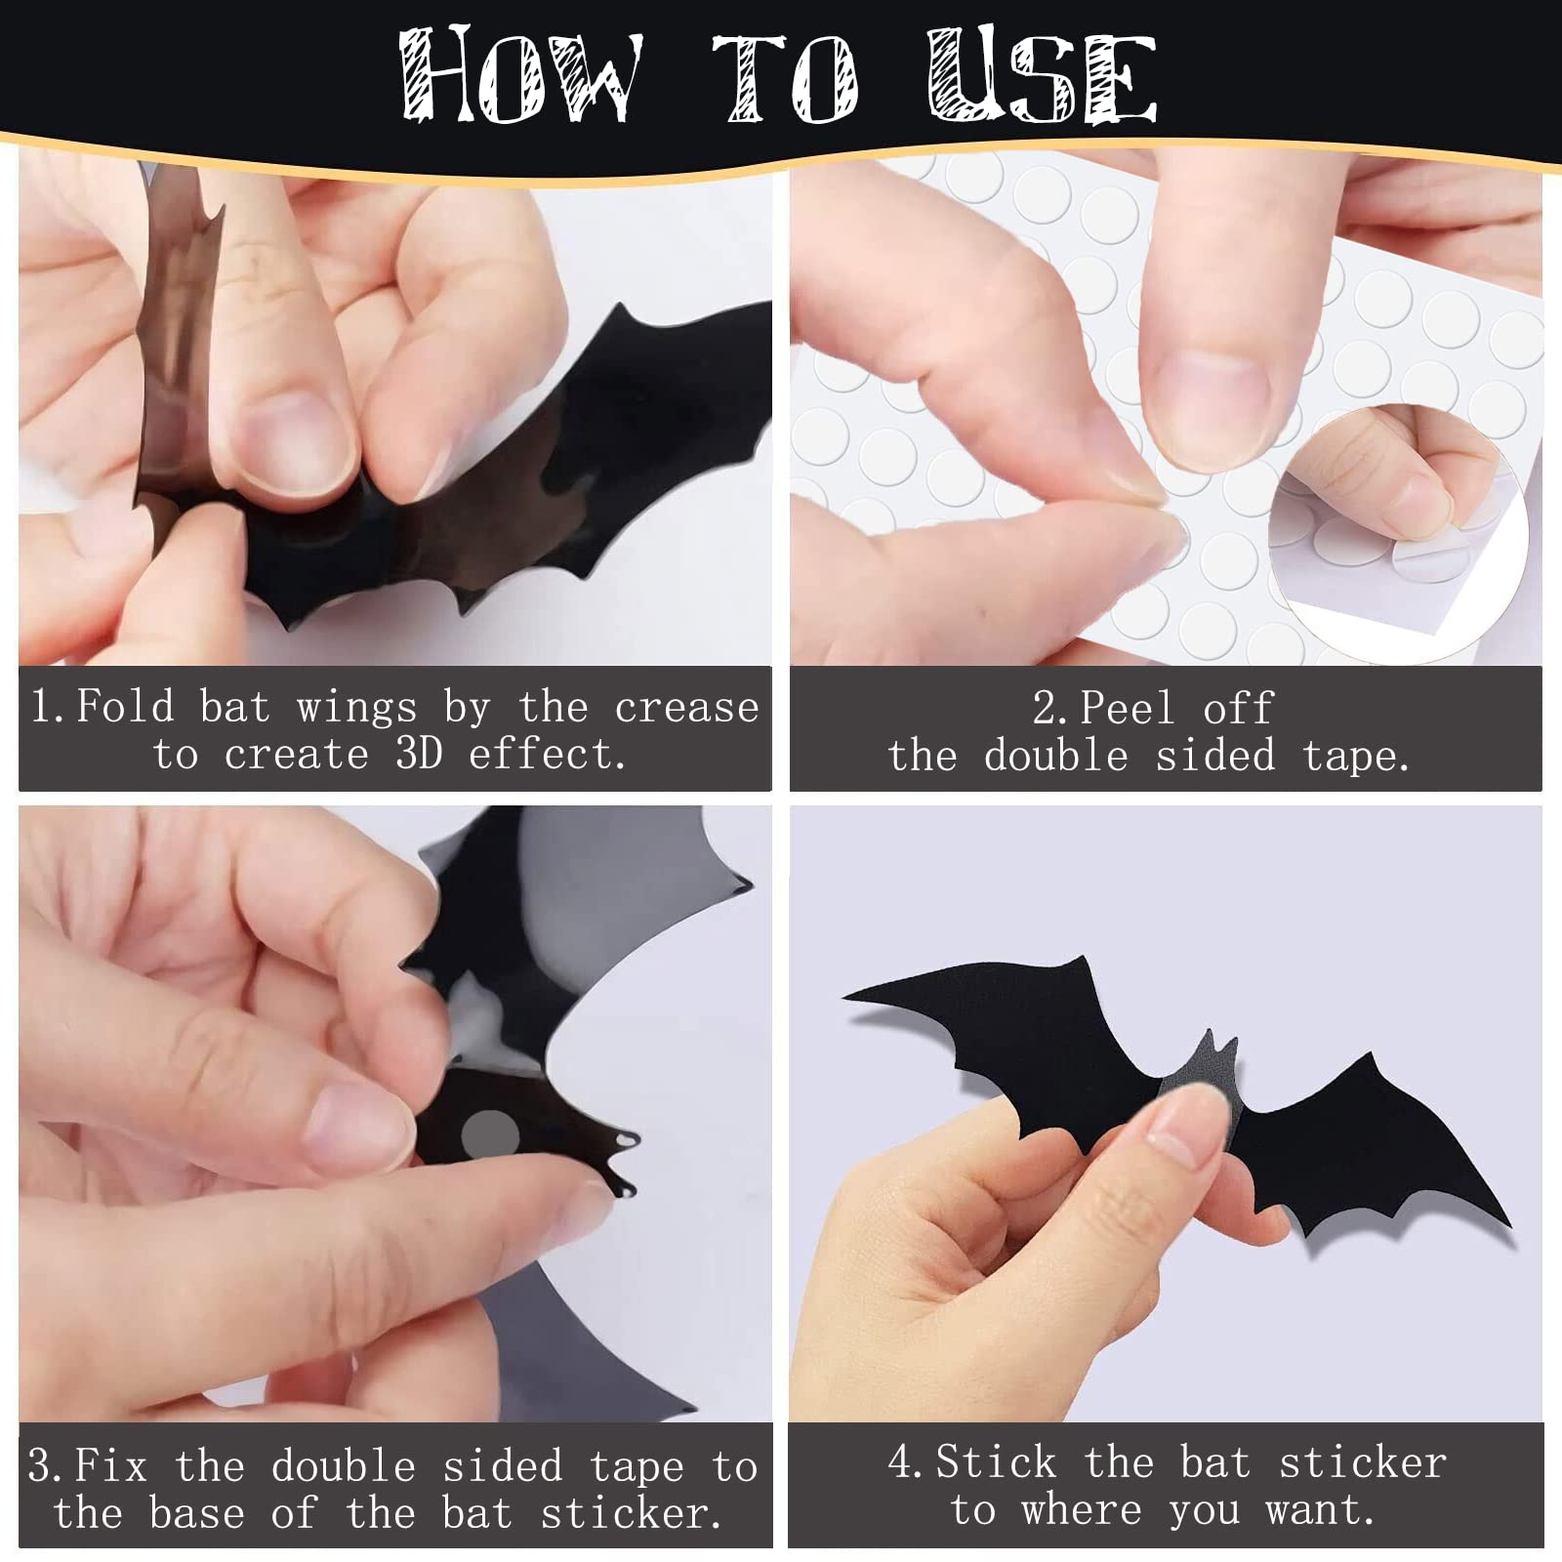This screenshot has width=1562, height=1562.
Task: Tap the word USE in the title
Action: point(1043,76)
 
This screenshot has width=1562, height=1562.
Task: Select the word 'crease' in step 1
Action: point(687,707)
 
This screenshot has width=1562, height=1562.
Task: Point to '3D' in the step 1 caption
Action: point(419,754)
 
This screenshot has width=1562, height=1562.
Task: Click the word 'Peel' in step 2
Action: point(1129,707)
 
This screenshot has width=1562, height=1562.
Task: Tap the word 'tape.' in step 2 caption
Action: point(1357,756)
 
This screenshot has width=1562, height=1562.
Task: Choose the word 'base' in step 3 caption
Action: point(197,1512)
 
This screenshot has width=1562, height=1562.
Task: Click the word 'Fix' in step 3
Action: point(111,1465)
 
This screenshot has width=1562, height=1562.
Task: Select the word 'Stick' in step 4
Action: point(997,1461)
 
